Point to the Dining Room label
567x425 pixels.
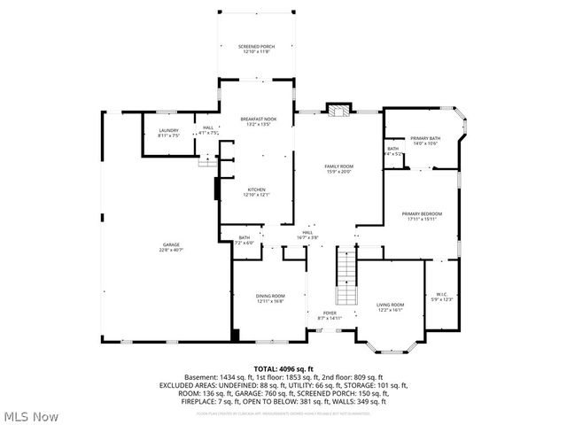271,298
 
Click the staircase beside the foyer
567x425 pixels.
346,277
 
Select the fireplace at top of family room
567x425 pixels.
338,111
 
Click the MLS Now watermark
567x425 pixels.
30,415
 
